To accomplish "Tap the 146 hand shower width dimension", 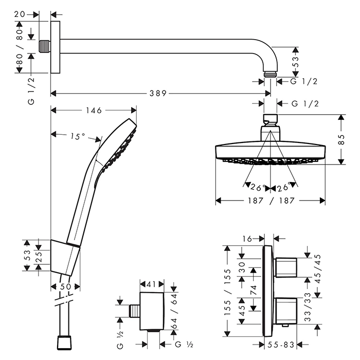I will (x=94, y=110).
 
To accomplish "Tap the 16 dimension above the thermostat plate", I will (x=247, y=238).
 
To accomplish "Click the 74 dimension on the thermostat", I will (x=253, y=289).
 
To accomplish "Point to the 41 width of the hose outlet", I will (x=151, y=283).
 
